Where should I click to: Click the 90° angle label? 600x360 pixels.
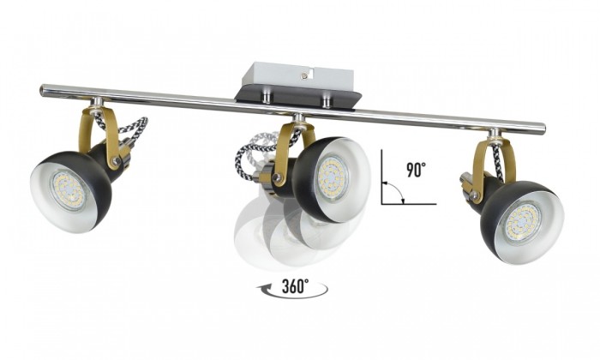coord(416,170)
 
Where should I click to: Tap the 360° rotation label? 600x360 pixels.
coord(295,286)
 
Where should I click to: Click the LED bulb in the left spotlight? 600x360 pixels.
coord(69,190)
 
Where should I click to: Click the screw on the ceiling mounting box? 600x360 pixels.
coord(303,75)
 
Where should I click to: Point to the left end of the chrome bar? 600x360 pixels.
coord(42,91)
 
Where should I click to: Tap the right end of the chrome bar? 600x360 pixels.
coord(543,126)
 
